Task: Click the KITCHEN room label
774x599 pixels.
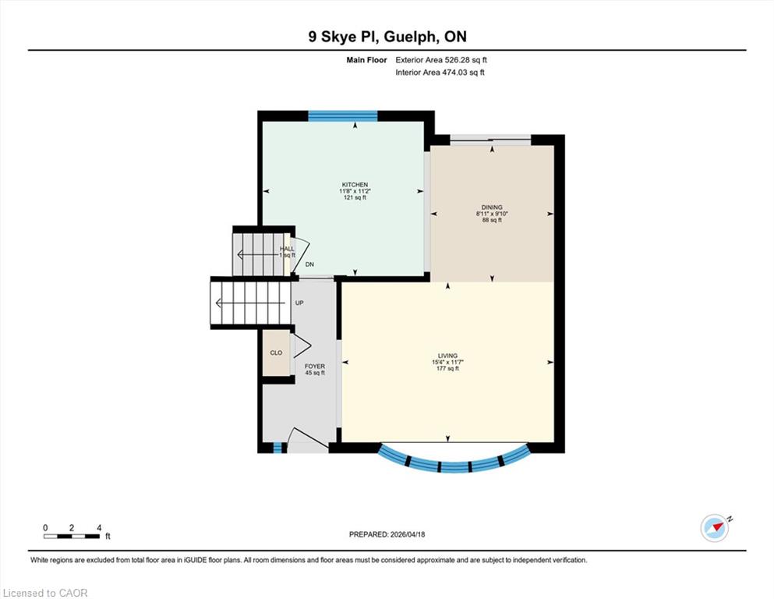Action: pos(355,185)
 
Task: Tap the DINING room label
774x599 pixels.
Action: pos(492,207)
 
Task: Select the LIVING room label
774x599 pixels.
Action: pos(447,356)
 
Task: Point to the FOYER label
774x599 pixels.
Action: pos(315,367)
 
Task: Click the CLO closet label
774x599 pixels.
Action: pos(277,353)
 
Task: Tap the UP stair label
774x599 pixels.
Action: pos(299,303)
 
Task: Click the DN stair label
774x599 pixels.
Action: pos(309,264)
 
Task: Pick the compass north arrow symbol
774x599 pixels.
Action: pos(715,528)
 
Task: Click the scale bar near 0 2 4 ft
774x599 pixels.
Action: pos(72,537)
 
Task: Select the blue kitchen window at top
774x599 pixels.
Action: pos(343,116)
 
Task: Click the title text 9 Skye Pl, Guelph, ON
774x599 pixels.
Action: pos(387,37)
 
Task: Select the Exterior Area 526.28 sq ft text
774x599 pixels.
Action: pos(441,60)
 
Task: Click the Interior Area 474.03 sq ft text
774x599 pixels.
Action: pos(440,73)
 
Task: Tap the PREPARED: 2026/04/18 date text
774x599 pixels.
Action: pos(387,534)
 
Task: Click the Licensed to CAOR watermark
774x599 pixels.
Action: pos(45,593)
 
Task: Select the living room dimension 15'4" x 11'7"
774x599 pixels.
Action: pos(447,362)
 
